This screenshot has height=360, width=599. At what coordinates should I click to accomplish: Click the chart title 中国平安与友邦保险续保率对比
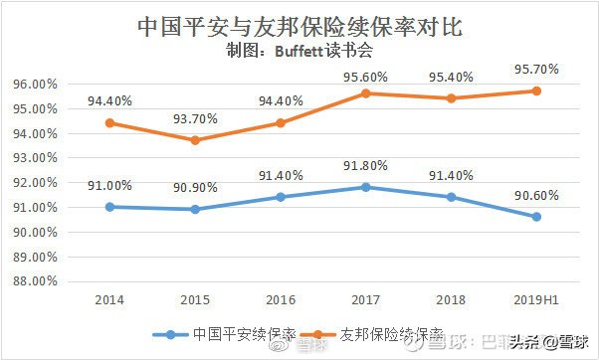pos(299,24)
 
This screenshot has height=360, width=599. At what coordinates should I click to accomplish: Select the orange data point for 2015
pos(195,140)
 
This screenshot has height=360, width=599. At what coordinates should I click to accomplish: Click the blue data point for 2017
pos(366,187)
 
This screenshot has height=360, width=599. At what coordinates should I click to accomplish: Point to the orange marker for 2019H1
pos(535,90)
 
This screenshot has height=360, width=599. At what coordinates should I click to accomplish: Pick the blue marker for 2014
pos(110,207)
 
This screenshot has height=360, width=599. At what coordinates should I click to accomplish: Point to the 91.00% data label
pos(110,186)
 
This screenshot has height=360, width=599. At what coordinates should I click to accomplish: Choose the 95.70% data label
pos(535,70)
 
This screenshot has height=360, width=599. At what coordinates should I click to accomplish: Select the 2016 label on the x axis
pos(281,298)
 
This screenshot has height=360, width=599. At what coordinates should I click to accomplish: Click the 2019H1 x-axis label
pos(535,298)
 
